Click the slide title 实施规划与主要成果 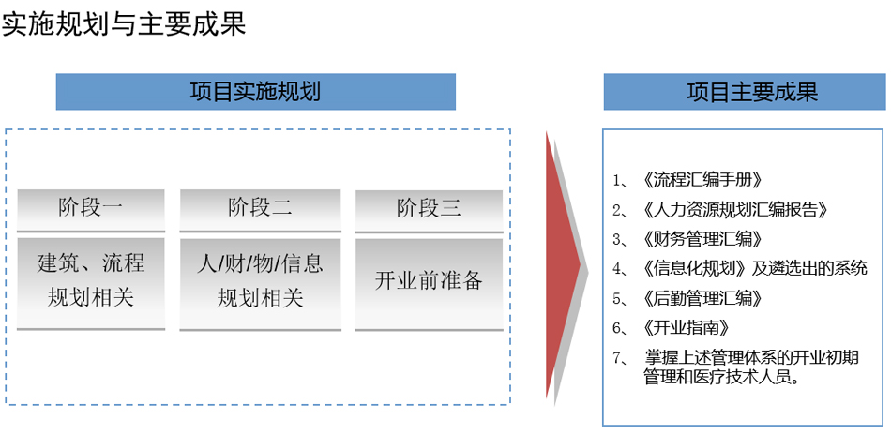(x=125, y=23)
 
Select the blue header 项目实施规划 (x=256, y=92)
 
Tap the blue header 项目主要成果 (x=745, y=92)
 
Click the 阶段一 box (x=91, y=210)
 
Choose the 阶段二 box (x=260, y=210)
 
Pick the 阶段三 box (x=429, y=211)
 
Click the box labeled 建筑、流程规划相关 (x=91, y=283)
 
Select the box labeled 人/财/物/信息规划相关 (x=260, y=283)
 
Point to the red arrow (x=562, y=264)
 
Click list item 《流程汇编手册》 (x=703, y=180)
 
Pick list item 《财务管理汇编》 (x=703, y=239)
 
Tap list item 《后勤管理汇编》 (x=703, y=298)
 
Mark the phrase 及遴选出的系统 (x=809, y=268)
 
